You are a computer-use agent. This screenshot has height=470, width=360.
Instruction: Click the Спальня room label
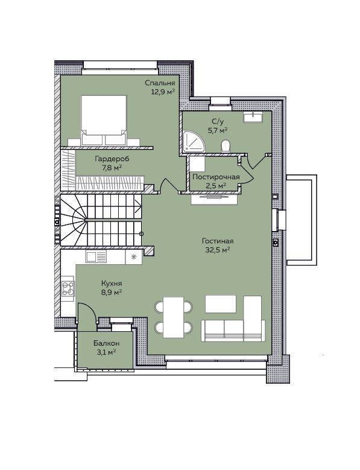[x=160, y=83]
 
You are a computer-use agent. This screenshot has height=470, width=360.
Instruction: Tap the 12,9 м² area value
[x=163, y=92]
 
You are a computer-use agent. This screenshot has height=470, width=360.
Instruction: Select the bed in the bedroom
[x=104, y=120]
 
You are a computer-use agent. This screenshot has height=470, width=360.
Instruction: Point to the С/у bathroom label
[x=218, y=121]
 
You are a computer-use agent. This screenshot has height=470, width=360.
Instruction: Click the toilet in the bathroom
[x=226, y=146]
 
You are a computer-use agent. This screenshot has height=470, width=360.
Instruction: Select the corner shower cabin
[x=194, y=141]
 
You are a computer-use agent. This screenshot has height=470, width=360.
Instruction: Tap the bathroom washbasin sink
[x=253, y=117]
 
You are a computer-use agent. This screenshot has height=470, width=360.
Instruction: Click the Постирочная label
[x=216, y=177]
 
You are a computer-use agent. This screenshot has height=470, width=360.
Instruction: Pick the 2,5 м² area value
[x=216, y=186]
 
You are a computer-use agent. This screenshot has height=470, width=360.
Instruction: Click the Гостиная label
[x=218, y=241]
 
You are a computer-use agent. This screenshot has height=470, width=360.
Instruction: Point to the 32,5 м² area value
[x=218, y=250]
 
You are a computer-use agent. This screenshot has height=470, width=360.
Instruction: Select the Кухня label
[x=112, y=283]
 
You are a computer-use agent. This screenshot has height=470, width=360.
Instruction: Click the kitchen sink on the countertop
[x=96, y=257]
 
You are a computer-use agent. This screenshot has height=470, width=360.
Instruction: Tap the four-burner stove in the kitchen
[x=68, y=288]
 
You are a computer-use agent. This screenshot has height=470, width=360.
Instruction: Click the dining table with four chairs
[x=174, y=317]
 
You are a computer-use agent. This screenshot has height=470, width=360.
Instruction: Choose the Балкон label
[x=106, y=343]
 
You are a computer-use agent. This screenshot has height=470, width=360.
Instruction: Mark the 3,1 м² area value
[x=106, y=352]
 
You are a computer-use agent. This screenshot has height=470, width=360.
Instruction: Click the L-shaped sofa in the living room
[x=233, y=319]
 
